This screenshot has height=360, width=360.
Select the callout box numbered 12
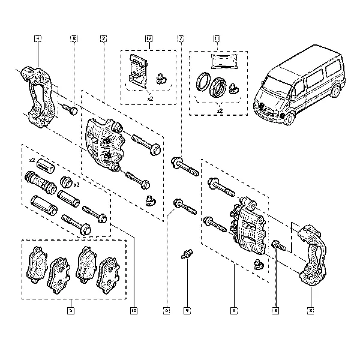(x=149, y=39)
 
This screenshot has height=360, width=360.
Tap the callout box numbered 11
(x=217, y=39)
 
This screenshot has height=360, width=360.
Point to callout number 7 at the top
(x=180, y=39)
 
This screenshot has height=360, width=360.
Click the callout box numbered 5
(x=71, y=311)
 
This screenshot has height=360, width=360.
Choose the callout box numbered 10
(x=133, y=311)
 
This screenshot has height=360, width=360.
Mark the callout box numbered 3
(x=311, y=311)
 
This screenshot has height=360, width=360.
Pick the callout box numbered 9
(x=187, y=311)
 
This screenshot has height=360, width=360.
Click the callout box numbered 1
(x=233, y=311)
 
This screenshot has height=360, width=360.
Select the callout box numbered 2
(x=103, y=39)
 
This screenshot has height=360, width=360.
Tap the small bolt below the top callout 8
(x=69, y=109)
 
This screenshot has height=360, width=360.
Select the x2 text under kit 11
(x=220, y=111)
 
